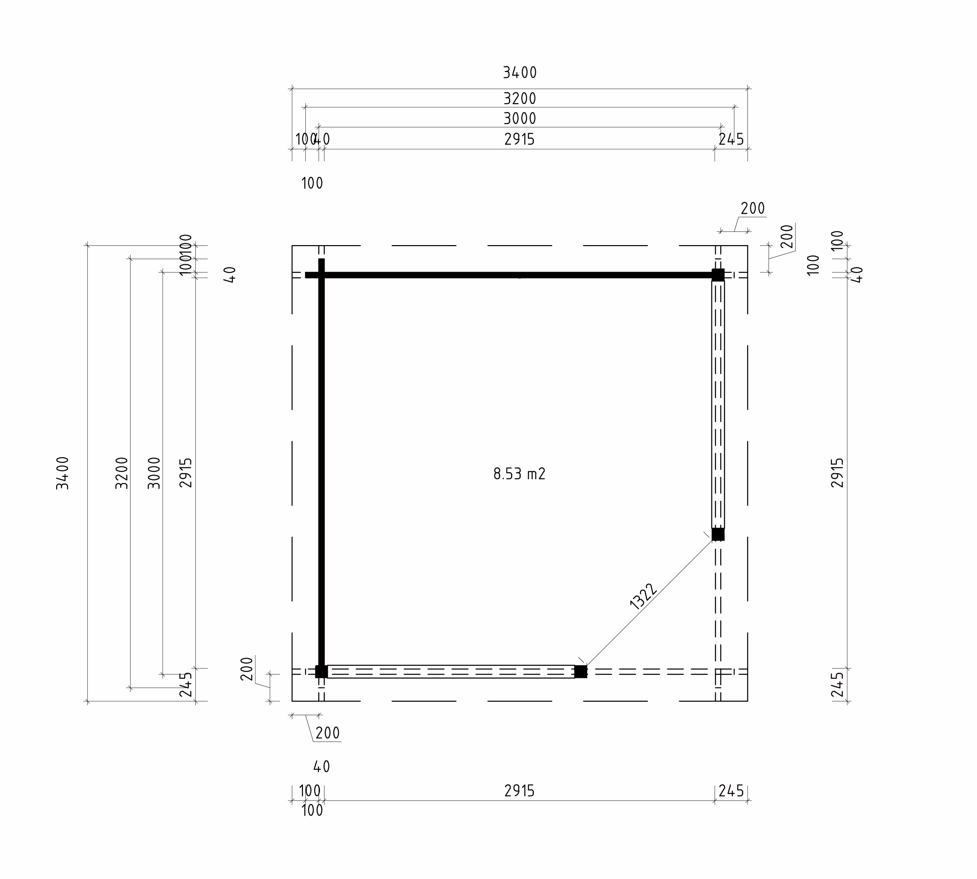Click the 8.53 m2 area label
pyautogui.click(x=519, y=474)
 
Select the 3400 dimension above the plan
pyautogui.click(x=520, y=73)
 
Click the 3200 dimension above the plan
pyautogui.click(x=520, y=98)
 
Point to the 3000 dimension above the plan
pyautogui.click(x=520, y=118)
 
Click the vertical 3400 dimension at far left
pyautogui.click(x=63, y=473)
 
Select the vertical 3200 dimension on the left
pyautogui.click(x=122, y=473)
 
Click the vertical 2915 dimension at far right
pyautogui.click(x=837, y=473)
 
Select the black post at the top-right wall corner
pyautogui.click(x=718, y=275)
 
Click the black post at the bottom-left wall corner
pyautogui.click(x=321, y=671)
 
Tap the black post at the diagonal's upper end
pyautogui.click(x=718, y=534)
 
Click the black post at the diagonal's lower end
pyautogui.click(x=580, y=671)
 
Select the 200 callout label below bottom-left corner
pyautogui.click(x=327, y=733)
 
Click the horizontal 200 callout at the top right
pyautogui.click(x=752, y=209)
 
